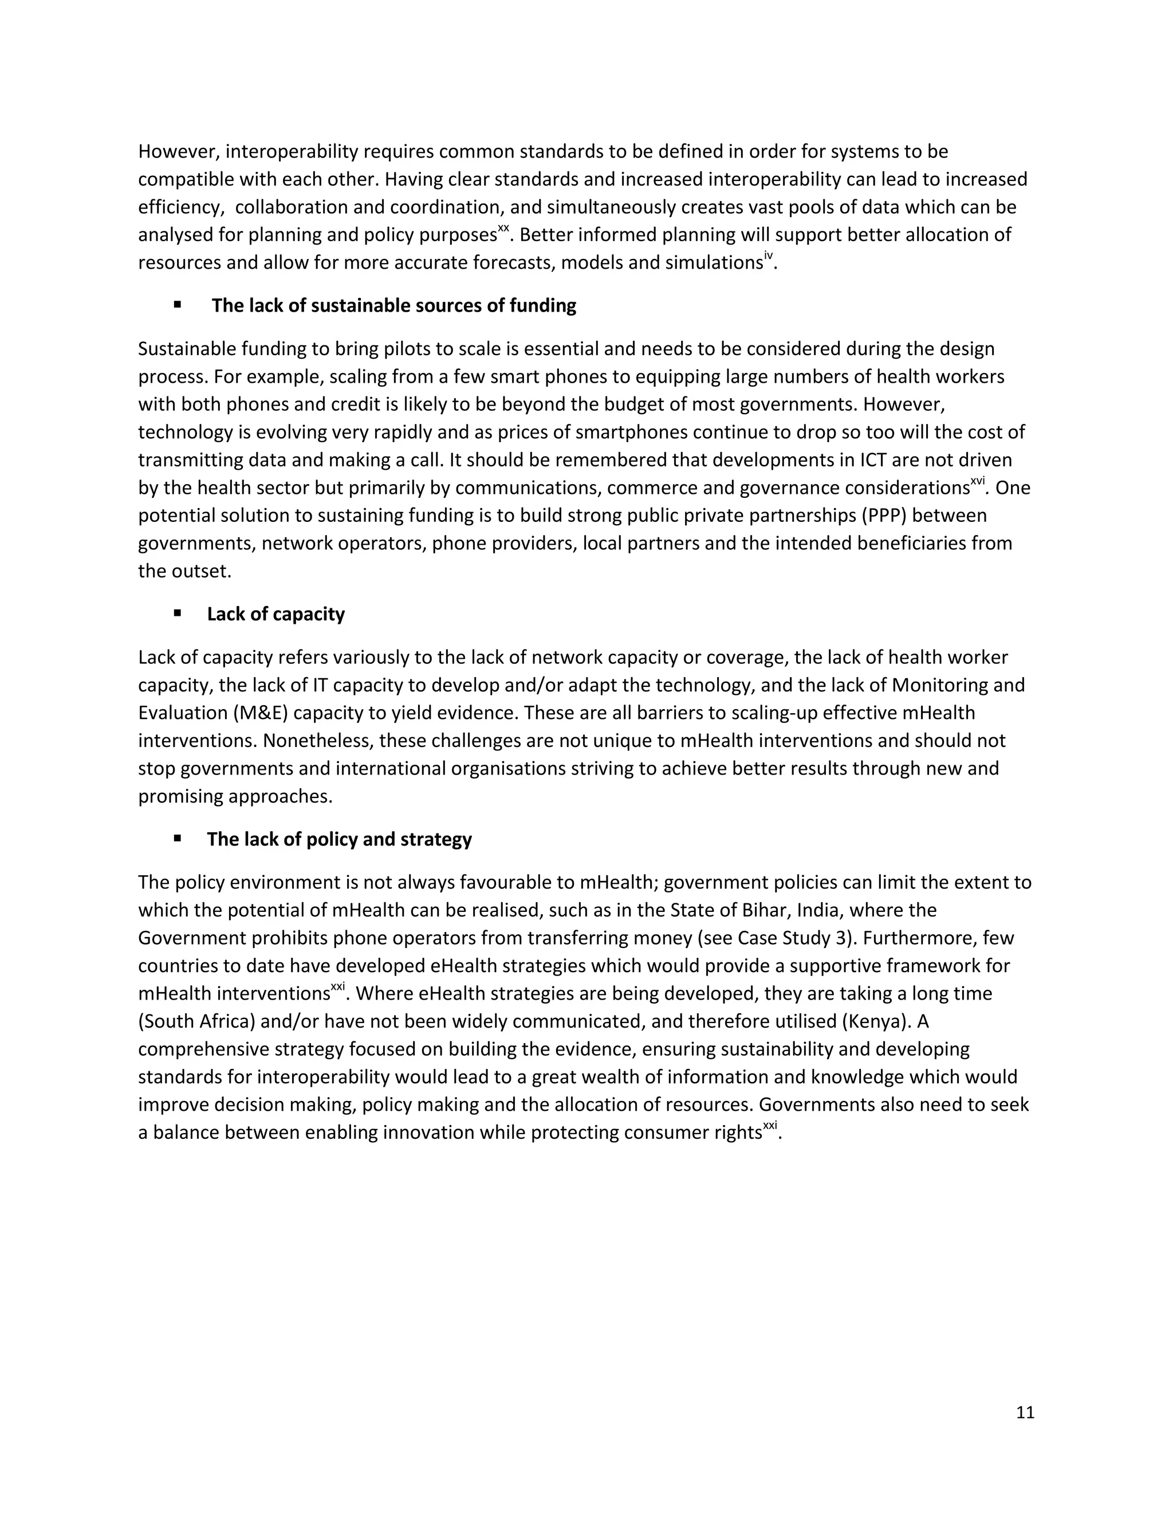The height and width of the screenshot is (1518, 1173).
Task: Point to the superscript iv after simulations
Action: [x=768, y=257]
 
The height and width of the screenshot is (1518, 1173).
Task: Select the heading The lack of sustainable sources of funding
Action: [x=393, y=306]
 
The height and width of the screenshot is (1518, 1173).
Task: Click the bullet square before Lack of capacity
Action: [x=178, y=613]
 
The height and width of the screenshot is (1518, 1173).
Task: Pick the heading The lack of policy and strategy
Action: [x=339, y=840]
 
